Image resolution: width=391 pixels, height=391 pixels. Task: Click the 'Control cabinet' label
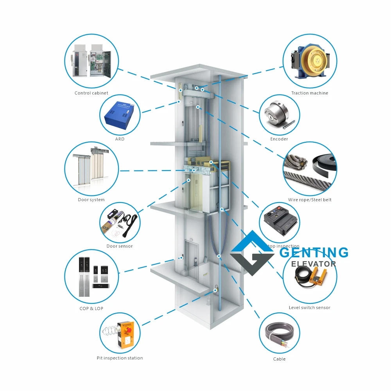click(x=91, y=93)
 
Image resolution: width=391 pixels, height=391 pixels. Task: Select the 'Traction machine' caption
click(x=310, y=93)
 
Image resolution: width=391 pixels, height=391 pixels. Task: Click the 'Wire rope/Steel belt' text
click(x=310, y=200)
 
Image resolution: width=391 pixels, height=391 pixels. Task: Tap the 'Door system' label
click(x=91, y=200)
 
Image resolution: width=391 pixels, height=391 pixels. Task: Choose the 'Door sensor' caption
click(x=120, y=246)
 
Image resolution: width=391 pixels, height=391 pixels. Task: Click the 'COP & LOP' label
click(x=91, y=308)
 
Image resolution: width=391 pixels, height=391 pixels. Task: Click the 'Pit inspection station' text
click(x=120, y=358)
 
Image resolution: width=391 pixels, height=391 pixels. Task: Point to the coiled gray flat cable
click(x=278, y=337)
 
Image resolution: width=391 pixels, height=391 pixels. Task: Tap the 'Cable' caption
click(x=279, y=359)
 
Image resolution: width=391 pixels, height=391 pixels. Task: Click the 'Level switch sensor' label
click(x=310, y=308)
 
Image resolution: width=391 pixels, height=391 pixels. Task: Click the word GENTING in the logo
click(x=314, y=253)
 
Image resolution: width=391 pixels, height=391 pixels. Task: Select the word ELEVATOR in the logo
click(x=314, y=264)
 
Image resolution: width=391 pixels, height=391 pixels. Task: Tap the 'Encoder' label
click(x=279, y=139)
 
